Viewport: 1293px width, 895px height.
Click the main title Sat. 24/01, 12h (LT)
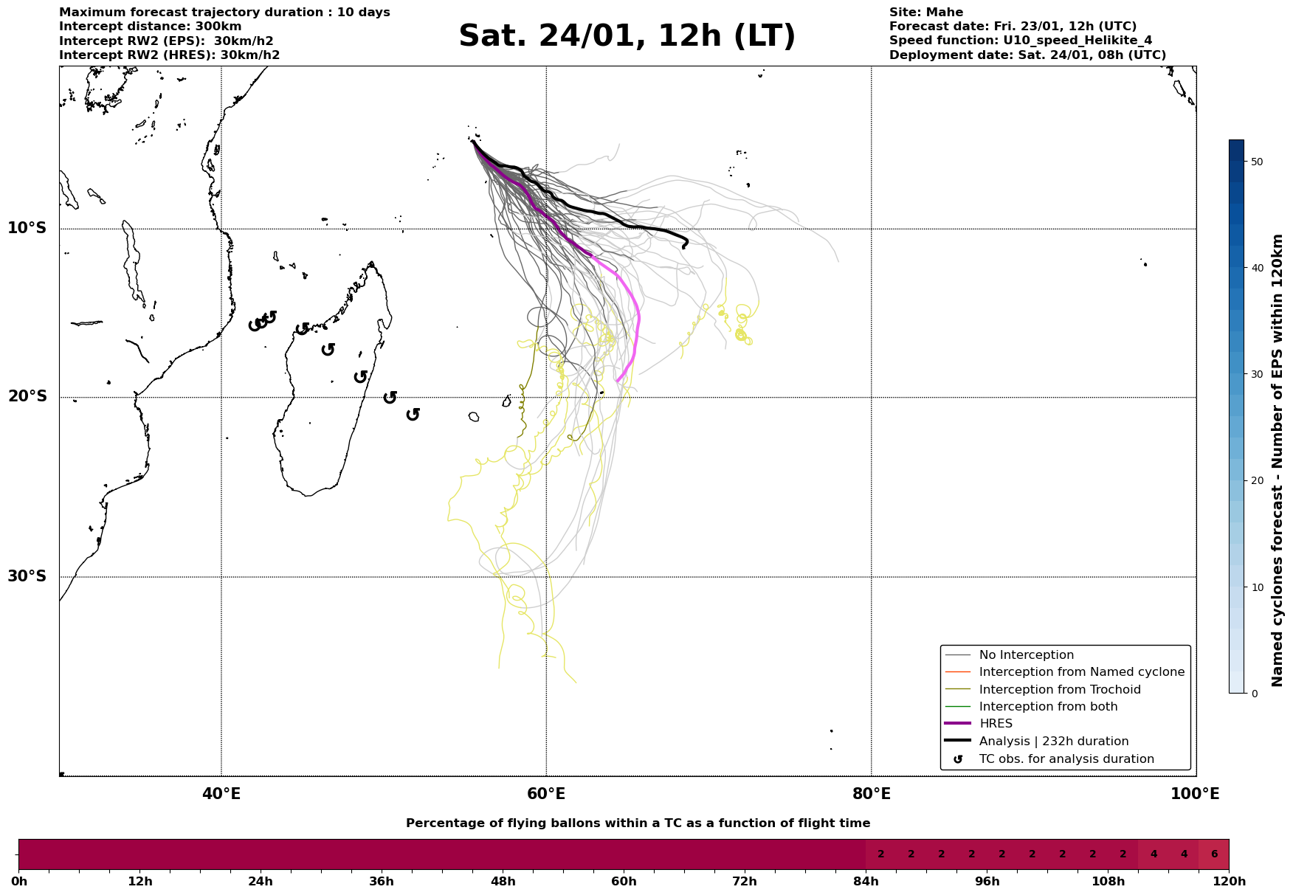pyautogui.click(x=627, y=36)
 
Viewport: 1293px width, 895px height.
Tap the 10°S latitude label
pyautogui.click(x=27, y=228)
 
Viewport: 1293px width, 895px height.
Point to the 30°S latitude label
pyautogui.click(x=27, y=576)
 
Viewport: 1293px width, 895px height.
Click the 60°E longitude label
pyautogui.click(x=546, y=794)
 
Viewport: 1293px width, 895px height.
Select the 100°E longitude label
pyautogui.click(x=1195, y=794)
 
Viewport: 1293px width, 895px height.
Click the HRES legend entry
pyautogui.click(x=996, y=724)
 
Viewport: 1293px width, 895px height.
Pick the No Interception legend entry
pyautogui.click(x=1026, y=655)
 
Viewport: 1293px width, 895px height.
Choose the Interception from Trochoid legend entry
pyautogui.click(x=1059, y=690)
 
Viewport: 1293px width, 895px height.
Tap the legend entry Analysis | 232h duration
pyautogui.click(x=1053, y=742)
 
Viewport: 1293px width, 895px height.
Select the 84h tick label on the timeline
pyautogui.click(x=866, y=882)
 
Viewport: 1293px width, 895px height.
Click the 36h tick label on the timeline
pyautogui.click(x=382, y=882)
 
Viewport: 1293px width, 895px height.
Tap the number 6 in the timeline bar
pyautogui.click(x=1214, y=854)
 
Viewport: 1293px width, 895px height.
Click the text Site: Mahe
pyautogui.click(x=925, y=13)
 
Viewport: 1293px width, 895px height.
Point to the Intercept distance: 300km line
pyautogui.click(x=150, y=27)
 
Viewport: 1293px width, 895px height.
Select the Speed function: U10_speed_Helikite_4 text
pyautogui.click(x=1020, y=41)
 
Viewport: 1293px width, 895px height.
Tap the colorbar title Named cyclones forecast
pyautogui.click(x=1278, y=460)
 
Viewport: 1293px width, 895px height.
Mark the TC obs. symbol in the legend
pyautogui.click(x=957, y=759)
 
